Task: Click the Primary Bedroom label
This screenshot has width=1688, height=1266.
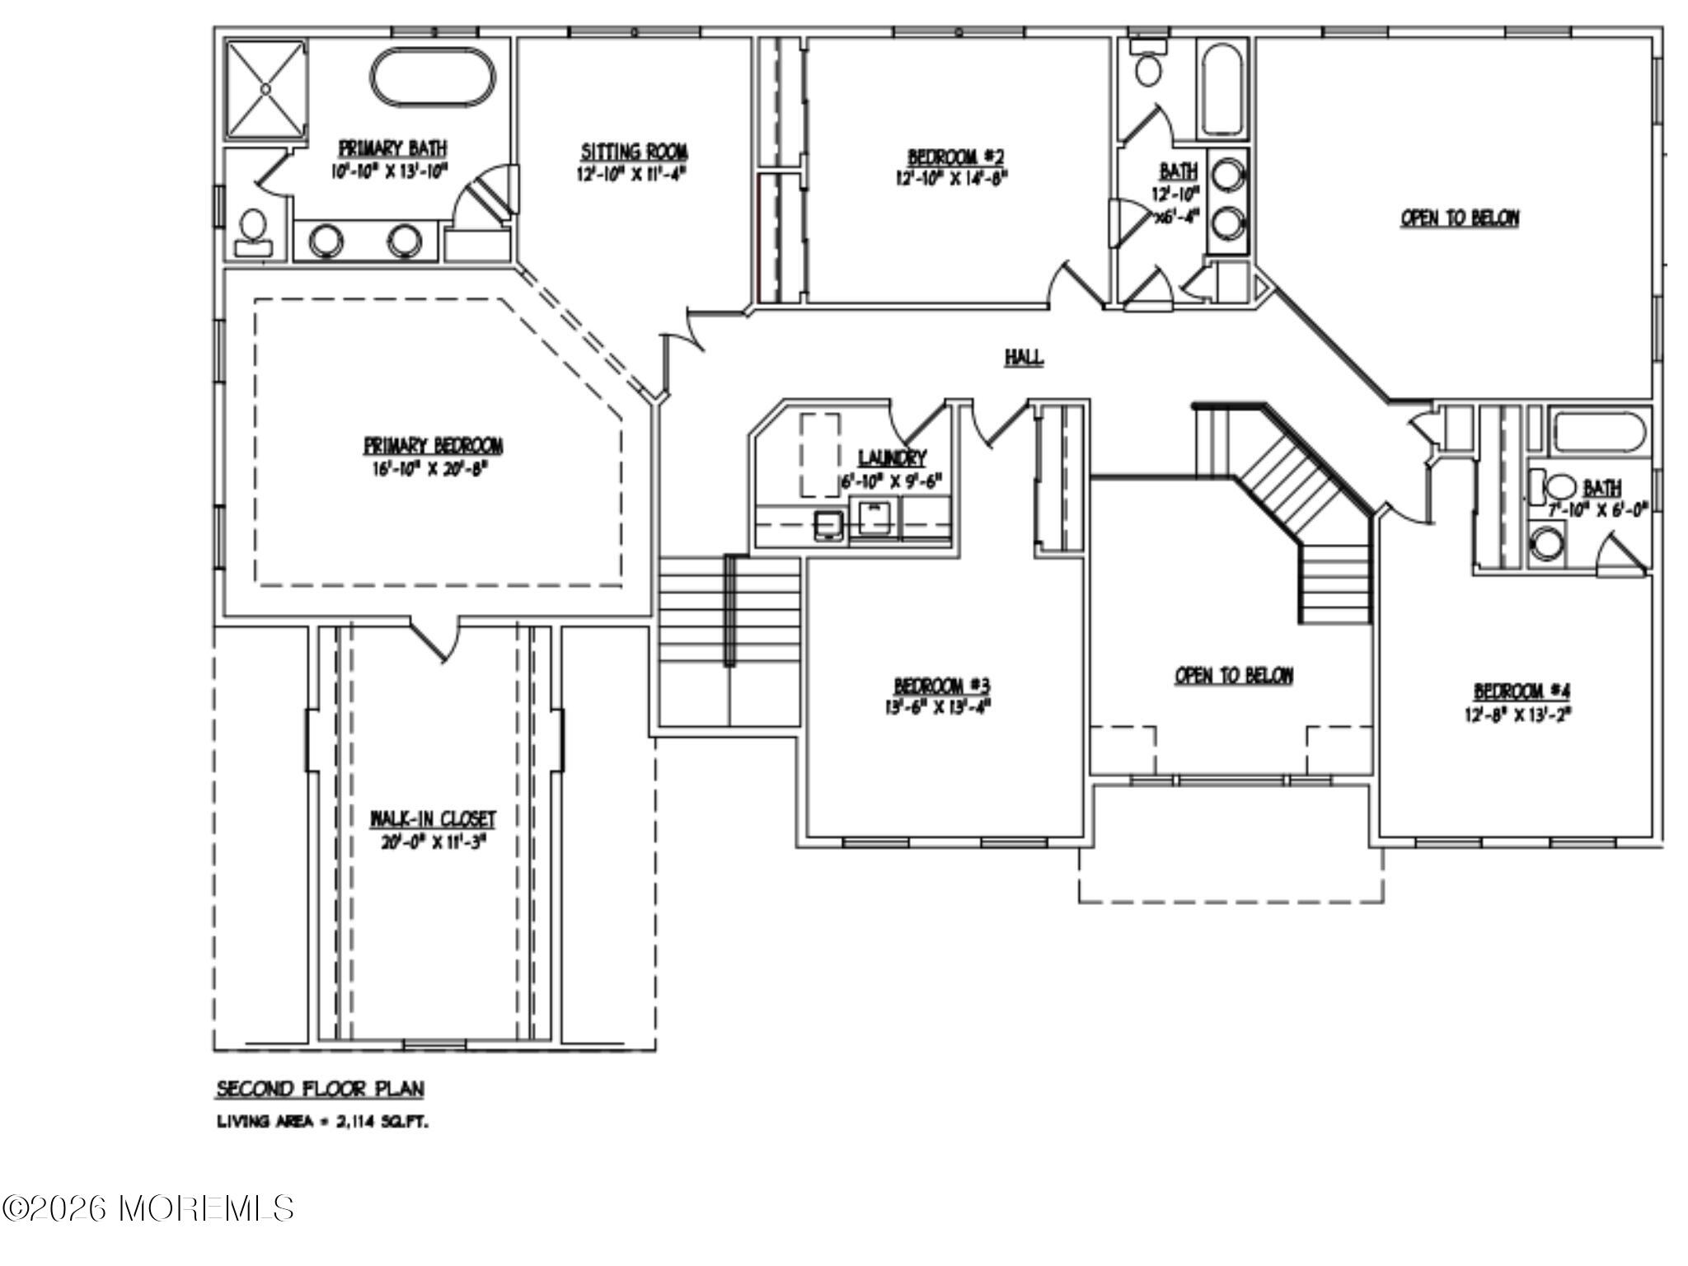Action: (x=434, y=446)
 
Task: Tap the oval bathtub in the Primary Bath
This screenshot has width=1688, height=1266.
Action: (x=434, y=78)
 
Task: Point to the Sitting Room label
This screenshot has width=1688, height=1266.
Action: (x=634, y=152)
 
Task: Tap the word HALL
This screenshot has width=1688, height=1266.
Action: (x=1024, y=358)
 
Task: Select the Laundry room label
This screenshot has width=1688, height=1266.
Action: (x=892, y=458)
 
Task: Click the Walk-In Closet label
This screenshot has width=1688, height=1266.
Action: (x=433, y=819)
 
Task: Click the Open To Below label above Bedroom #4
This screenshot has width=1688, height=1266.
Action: (x=1460, y=218)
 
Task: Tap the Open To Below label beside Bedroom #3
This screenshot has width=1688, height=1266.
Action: (x=1233, y=676)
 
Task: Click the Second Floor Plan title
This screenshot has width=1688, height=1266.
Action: (x=320, y=1090)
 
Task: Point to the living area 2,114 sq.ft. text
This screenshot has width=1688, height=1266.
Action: (x=322, y=1122)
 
